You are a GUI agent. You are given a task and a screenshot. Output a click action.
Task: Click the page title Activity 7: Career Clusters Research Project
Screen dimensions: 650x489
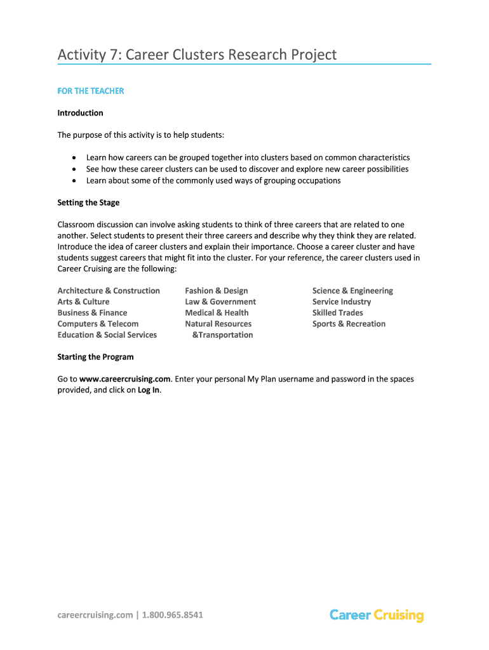(x=197, y=55)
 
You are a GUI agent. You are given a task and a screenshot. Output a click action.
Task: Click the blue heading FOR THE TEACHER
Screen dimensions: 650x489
(x=91, y=91)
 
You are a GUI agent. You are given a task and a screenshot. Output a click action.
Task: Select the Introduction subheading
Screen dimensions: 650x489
(x=80, y=113)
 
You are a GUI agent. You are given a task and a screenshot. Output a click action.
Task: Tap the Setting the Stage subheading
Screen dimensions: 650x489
(x=88, y=202)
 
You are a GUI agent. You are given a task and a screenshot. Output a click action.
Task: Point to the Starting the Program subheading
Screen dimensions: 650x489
(x=95, y=357)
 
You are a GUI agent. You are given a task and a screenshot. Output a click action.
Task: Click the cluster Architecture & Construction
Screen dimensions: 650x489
(x=109, y=291)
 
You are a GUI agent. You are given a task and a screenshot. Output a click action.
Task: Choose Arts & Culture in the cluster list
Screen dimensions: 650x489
(x=83, y=302)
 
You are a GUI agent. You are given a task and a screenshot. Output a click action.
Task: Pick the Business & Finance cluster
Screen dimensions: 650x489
(x=92, y=313)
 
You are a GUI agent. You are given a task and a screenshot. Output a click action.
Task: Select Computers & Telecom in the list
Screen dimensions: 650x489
(x=98, y=324)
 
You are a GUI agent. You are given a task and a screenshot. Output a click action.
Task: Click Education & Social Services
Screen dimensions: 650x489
(x=107, y=335)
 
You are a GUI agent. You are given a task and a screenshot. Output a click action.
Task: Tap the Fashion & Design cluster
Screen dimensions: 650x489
(x=217, y=291)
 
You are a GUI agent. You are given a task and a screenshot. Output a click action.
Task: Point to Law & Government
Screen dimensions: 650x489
(x=220, y=302)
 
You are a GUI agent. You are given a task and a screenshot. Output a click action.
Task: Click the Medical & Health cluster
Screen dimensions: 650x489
(x=217, y=313)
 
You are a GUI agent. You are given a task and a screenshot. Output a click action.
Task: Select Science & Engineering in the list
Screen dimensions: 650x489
(x=352, y=291)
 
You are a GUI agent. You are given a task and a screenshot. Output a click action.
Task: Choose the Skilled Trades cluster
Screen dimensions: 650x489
(x=337, y=313)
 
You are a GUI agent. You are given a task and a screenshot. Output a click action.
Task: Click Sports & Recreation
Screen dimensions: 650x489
(x=349, y=324)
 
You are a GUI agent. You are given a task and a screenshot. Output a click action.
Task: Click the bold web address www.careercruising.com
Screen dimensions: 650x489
(x=125, y=379)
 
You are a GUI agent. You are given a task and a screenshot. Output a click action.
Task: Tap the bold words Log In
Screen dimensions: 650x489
(x=149, y=390)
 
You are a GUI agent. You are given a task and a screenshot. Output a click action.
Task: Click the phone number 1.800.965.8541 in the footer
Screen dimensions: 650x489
(x=173, y=614)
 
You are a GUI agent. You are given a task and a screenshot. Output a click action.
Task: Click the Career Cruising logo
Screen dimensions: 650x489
(x=377, y=614)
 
